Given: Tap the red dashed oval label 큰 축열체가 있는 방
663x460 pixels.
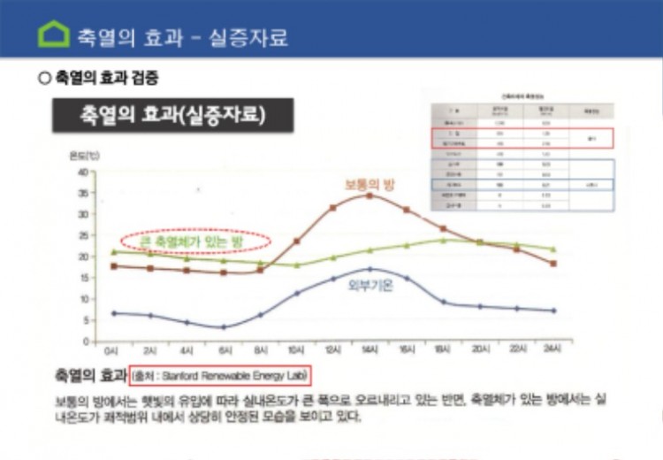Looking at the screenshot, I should point(196,240).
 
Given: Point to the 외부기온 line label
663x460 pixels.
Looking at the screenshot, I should point(369,286).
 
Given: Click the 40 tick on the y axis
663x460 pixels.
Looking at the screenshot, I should point(83,172).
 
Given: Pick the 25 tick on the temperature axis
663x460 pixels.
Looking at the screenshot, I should point(83,235).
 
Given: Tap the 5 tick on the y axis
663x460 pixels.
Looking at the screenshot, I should point(85,320).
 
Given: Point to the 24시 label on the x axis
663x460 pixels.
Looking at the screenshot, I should point(552,350).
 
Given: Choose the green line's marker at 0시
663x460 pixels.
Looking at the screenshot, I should point(113,252).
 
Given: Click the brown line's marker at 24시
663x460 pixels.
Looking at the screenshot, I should point(552,264).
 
